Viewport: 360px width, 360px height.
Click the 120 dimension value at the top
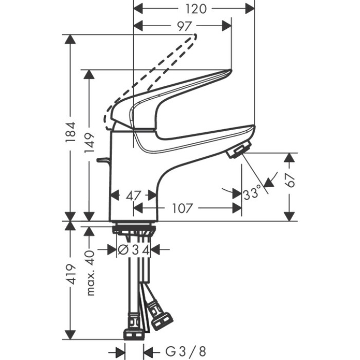click(194, 8)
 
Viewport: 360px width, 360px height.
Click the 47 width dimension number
click(134, 195)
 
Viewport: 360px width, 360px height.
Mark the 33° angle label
click(252, 194)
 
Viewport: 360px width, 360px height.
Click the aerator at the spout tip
click(238, 151)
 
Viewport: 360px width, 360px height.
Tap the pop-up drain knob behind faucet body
click(103, 161)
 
